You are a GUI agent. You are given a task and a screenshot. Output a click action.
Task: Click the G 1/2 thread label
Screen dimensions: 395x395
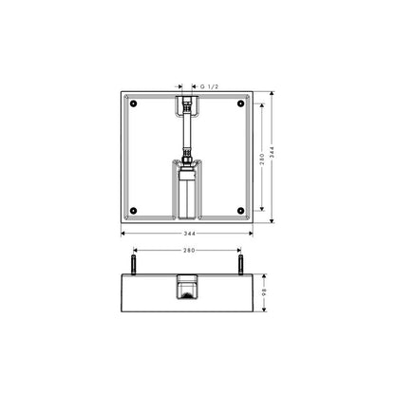209,86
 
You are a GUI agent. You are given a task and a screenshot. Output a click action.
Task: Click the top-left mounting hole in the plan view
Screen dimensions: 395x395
133,103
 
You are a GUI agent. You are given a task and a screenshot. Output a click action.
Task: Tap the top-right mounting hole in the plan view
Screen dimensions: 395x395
241,103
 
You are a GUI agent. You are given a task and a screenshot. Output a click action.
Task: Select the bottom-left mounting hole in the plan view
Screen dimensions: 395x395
133,211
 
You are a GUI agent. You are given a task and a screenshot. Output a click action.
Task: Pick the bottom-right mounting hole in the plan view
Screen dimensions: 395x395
241,211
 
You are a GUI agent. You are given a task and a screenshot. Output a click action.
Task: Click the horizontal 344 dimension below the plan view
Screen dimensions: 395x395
190,234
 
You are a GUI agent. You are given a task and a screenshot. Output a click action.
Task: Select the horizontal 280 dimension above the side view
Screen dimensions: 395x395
189,251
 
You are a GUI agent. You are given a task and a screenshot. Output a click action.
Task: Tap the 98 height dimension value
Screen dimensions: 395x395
264,292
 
